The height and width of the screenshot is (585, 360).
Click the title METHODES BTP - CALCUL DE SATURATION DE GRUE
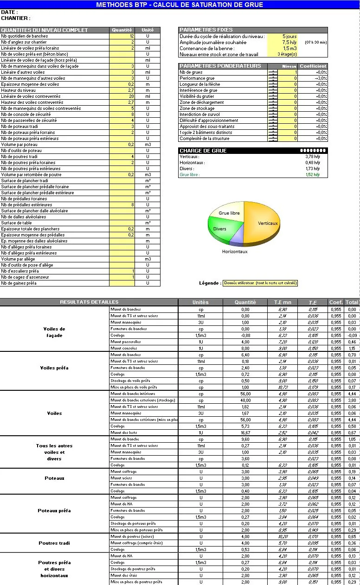pyautogui.click(x=180, y=5)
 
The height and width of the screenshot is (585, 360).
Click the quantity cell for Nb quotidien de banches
pyautogui.click(x=122, y=36)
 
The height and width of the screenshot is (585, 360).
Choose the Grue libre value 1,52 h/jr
pyautogui.click(x=312, y=175)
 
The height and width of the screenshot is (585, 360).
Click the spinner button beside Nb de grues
pyautogui.click(x=273, y=72)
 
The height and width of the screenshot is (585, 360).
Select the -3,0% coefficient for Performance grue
pyautogui.click(x=321, y=78)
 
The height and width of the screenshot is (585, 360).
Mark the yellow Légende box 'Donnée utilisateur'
pyautogui.click(x=260, y=283)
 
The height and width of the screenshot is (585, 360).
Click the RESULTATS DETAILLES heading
pyautogui.click(x=89, y=302)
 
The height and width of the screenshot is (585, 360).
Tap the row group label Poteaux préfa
pyautogui.click(x=54, y=511)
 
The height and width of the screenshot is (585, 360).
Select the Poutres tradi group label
pyautogui.click(x=54, y=543)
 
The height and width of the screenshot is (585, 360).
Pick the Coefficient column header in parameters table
pyautogui.click(x=313, y=66)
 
